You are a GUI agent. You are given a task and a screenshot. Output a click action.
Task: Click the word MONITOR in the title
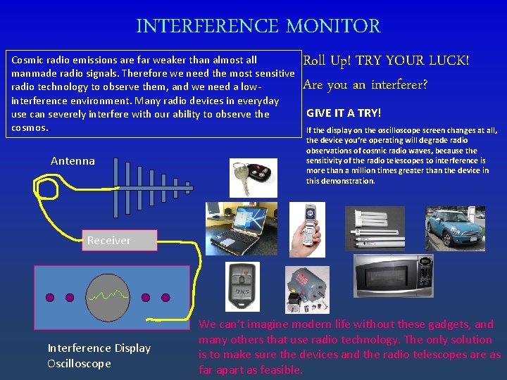click(x=333, y=26)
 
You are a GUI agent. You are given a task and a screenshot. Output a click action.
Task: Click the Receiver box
click(x=120, y=240)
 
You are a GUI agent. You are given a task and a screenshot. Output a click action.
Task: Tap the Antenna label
click(x=73, y=161)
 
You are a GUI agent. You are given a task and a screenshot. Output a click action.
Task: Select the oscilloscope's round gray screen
click(x=108, y=298)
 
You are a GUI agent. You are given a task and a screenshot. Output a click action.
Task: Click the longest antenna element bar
click(x=115, y=188)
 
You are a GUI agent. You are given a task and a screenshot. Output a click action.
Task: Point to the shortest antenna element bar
click(x=187, y=188)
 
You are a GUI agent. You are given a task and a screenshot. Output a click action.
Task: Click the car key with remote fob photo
click(x=254, y=178)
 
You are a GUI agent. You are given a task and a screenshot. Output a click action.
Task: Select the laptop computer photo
click(x=242, y=229)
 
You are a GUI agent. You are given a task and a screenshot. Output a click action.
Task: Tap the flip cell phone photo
click(x=307, y=229)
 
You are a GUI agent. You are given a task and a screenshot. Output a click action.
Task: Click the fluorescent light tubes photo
click(x=375, y=229)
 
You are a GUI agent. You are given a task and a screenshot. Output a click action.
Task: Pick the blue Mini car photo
click(x=456, y=229)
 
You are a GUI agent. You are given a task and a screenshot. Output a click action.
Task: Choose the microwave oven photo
click(x=394, y=275)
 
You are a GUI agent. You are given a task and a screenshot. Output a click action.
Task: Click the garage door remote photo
click(x=242, y=287)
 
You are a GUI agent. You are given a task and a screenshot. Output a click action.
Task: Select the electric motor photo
click(x=307, y=290)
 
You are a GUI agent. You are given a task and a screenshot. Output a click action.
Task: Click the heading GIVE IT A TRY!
click(x=344, y=113)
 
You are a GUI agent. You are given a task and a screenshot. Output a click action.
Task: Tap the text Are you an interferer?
click(x=365, y=85)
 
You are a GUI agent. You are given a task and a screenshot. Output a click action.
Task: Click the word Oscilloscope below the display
click(x=79, y=364)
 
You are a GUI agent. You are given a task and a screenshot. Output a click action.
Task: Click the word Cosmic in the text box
click(x=27, y=60)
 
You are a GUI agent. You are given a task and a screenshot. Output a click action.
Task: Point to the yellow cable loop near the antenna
click(x=48, y=189)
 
